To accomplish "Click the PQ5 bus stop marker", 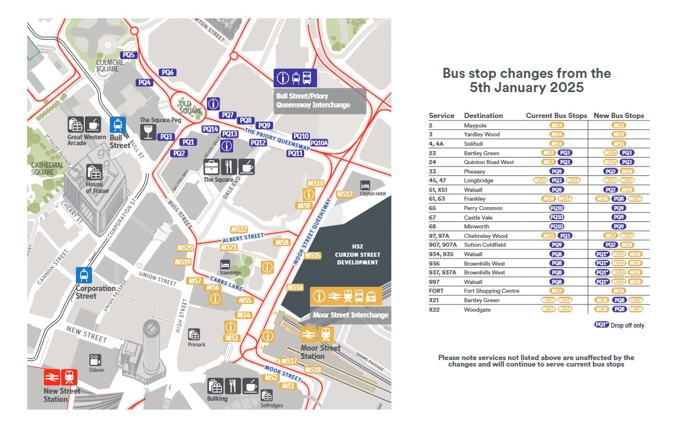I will [x=129, y=55].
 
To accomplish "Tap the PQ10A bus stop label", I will [x=319, y=143].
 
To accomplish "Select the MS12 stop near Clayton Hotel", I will [x=344, y=194].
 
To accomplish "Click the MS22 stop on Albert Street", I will [x=239, y=230].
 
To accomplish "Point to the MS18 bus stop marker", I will [x=313, y=370].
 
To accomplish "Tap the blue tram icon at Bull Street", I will [x=118, y=125].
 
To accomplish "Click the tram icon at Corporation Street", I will [x=84, y=275].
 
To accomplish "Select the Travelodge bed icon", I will [x=225, y=264].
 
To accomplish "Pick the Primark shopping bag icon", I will [x=194, y=335].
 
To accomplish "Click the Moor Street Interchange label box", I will [x=351, y=315].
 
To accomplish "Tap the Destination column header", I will [x=483, y=116].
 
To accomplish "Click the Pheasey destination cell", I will [x=474, y=172].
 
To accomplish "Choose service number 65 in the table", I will [x=433, y=208].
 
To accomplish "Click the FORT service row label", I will [x=436, y=291].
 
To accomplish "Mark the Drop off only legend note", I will [x=627, y=325].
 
